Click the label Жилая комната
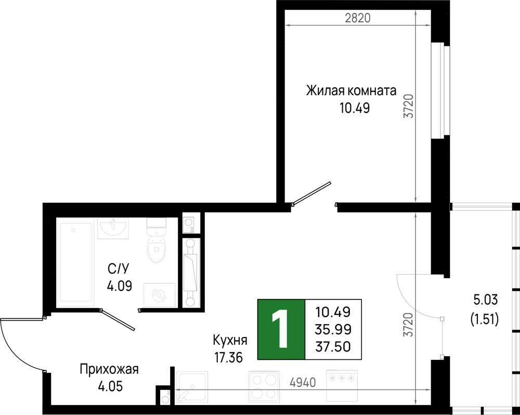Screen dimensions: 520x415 click(351, 90)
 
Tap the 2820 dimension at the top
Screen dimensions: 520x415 click(358, 18)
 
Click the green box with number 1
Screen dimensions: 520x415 click(281, 329)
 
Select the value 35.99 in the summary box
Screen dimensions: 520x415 click(333, 329)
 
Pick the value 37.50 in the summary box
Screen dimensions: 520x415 click(333, 347)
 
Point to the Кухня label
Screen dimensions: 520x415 click(229, 341)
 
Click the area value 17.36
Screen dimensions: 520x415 click(228, 358)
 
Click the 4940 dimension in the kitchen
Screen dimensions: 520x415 click(303, 383)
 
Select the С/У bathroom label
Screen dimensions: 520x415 click(118, 269)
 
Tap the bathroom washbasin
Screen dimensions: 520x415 click(113, 228)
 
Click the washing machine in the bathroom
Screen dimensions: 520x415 click(160, 295)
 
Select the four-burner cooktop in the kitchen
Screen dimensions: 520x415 click(263, 386)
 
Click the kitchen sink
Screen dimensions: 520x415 click(192, 386)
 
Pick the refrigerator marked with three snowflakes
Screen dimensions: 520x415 click(341, 386)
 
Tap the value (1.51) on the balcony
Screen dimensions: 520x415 click(485, 320)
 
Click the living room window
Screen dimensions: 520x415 click(440, 90)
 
